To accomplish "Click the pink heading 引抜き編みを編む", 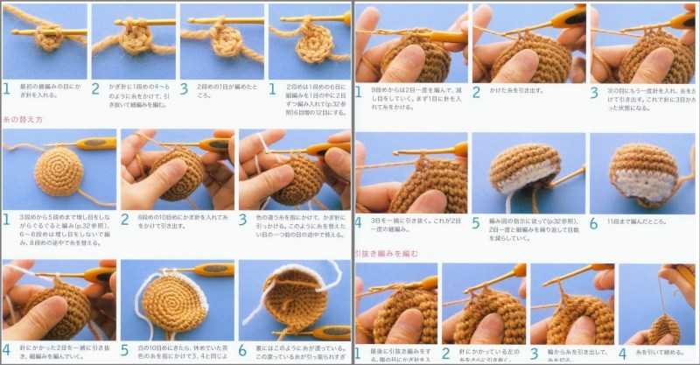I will (386, 254).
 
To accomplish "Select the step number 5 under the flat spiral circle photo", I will (126, 349).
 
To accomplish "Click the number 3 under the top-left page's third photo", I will (184, 88).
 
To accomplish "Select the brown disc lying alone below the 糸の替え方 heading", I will (59, 171).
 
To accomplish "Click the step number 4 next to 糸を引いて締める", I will (623, 354).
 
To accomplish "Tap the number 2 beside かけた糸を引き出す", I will (477, 91).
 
